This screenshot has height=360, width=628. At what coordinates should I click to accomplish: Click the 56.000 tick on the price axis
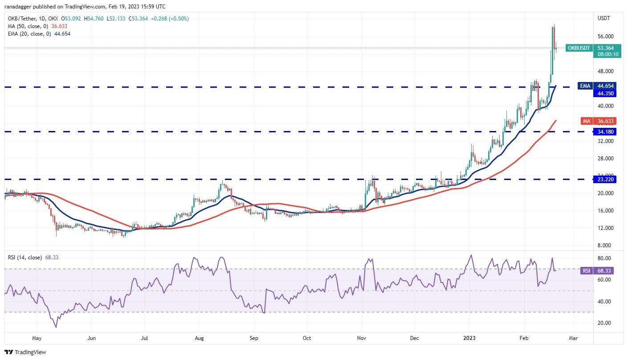[606, 37]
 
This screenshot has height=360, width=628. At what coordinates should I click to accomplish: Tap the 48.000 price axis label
[606, 71]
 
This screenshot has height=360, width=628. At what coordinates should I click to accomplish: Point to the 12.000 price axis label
[606, 228]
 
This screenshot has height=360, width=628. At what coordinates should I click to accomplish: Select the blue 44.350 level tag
[606, 94]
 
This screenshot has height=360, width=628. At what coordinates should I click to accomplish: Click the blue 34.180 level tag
[606, 132]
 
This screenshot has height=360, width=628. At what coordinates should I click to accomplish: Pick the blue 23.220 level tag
[606, 180]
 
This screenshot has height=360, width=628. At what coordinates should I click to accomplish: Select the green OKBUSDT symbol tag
[579, 48]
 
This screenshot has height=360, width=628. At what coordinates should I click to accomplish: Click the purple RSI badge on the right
[587, 270]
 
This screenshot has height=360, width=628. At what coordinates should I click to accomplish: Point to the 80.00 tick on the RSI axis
[604, 258]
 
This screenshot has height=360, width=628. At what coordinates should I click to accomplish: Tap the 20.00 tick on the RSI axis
[604, 323]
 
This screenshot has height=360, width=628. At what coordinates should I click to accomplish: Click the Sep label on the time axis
[253, 338]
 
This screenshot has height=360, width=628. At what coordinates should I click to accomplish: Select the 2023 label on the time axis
[469, 338]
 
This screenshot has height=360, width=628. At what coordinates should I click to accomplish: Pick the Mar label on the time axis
[573, 338]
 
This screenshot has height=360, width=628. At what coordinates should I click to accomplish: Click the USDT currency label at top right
[604, 18]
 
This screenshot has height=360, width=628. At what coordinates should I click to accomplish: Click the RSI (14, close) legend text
[25, 258]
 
